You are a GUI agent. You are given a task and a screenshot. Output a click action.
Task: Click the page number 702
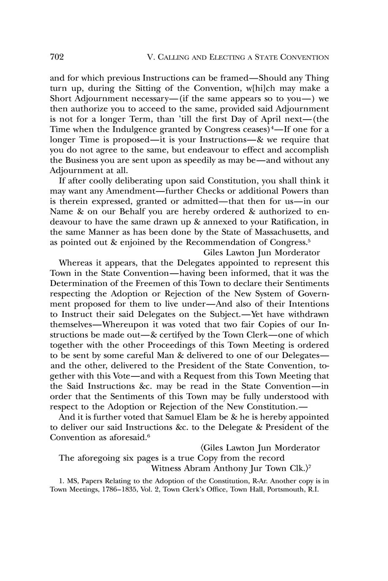[x=57, y=57]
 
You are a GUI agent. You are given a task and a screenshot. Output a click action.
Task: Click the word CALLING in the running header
[x=172, y=57]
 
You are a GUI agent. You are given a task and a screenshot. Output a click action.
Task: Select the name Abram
[x=198, y=468]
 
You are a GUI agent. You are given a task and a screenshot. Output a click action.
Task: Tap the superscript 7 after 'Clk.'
[x=310, y=466]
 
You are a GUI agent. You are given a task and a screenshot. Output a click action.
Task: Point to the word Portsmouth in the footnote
[x=286, y=490]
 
